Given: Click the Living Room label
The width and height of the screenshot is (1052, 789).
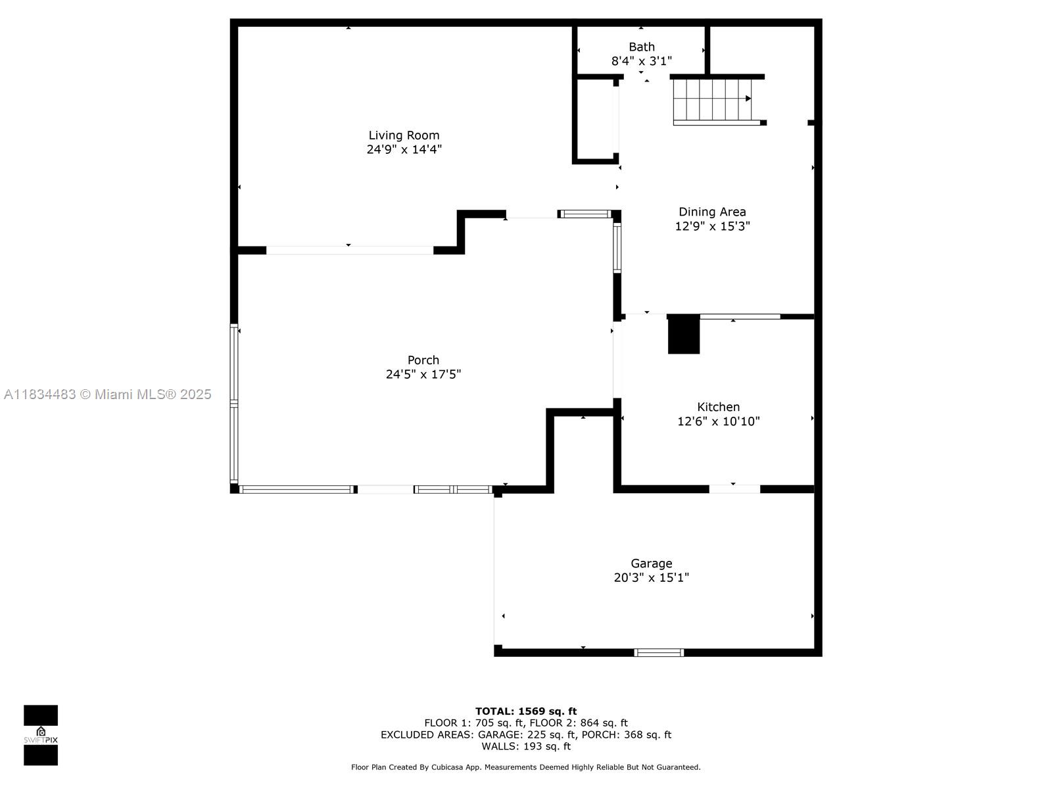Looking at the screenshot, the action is pyautogui.click(x=404, y=135).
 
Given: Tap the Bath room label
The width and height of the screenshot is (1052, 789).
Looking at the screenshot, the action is pyautogui.click(x=641, y=47).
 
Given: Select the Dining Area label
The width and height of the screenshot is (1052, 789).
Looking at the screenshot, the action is pyautogui.click(x=712, y=212).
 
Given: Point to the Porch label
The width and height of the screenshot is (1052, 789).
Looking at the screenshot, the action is pyautogui.click(x=423, y=360).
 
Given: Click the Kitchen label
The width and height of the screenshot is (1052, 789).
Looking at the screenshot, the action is pyautogui.click(x=718, y=407).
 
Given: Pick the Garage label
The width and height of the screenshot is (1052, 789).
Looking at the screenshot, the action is pyautogui.click(x=652, y=563).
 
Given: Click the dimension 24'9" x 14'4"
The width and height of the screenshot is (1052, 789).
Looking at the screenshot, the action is pyautogui.click(x=404, y=149).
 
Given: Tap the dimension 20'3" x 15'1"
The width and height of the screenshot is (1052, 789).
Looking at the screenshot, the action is pyautogui.click(x=652, y=578).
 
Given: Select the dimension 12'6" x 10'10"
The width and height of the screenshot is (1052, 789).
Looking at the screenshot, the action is pyautogui.click(x=719, y=421).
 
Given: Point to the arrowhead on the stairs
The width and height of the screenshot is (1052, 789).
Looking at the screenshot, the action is pyautogui.click(x=748, y=99).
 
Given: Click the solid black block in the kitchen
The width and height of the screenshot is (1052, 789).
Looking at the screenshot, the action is pyautogui.click(x=683, y=335).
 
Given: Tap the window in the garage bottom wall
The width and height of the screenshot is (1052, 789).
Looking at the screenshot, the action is pyautogui.click(x=659, y=652).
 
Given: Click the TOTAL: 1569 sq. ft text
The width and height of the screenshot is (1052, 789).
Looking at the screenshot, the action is pyautogui.click(x=526, y=711).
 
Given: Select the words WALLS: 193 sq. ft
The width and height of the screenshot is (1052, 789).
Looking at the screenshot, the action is pyautogui.click(x=526, y=746).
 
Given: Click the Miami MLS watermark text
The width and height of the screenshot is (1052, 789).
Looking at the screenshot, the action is pyautogui.click(x=107, y=394).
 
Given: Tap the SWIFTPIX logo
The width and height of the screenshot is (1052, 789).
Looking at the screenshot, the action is pyautogui.click(x=41, y=735).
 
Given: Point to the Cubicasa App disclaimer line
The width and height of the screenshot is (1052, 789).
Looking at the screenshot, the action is pyautogui.click(x=526, y=767).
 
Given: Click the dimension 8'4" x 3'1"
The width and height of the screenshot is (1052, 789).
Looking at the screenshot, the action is pyautogui.click(x=641, y=61).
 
